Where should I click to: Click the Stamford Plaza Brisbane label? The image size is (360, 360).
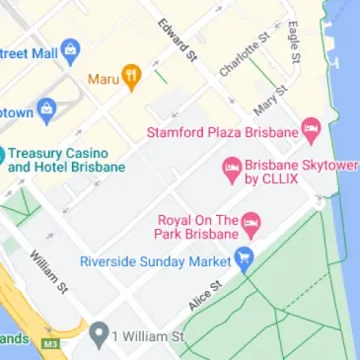(221, 131)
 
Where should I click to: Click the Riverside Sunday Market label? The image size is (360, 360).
(156, 261)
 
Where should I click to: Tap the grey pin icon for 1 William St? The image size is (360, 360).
(97, 337)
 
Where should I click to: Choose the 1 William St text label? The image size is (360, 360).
(147, 337)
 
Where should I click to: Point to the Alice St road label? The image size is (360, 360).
(204, 294)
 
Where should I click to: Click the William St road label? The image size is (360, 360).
(48, 272)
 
